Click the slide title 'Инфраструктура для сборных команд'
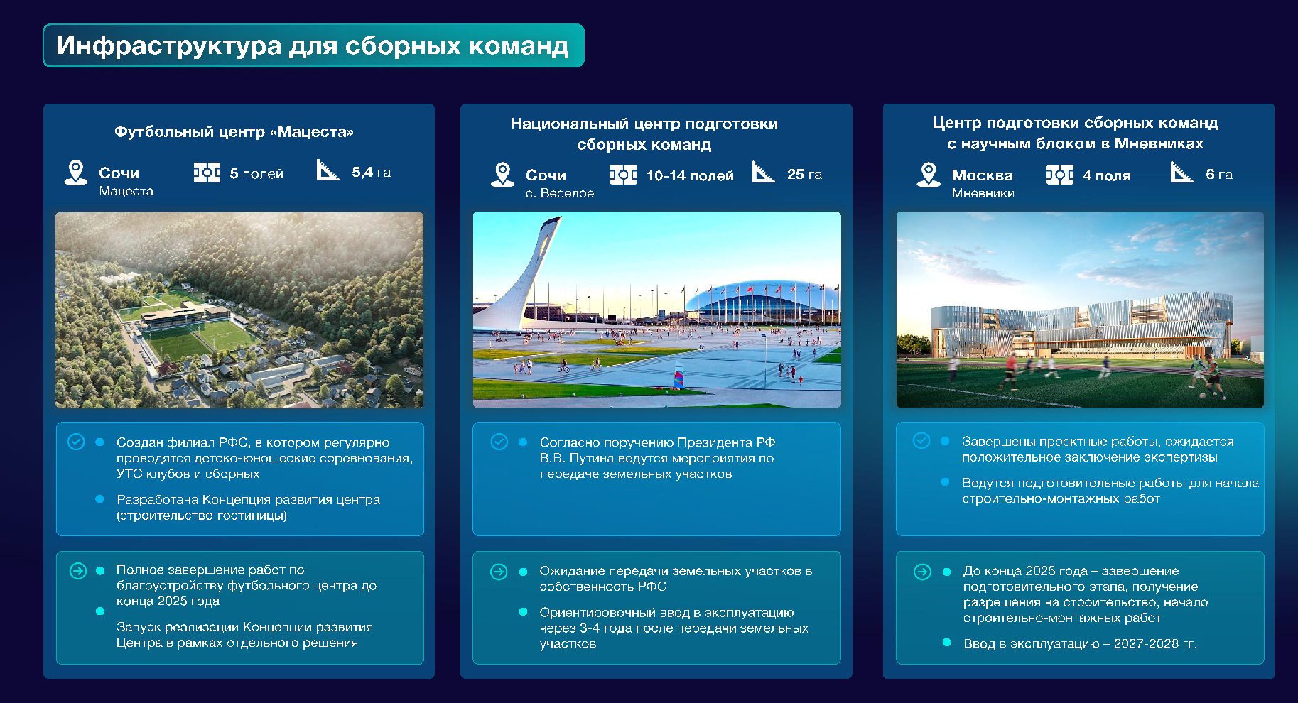point(313,45)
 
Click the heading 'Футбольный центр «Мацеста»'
point(234,131)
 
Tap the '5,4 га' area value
point(371,172)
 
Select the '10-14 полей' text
point(690,175)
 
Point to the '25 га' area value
point(804,174)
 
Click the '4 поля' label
point(1106,175)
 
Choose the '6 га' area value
point(1219,174)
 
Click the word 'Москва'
point(983,175)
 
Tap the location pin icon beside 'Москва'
point(928,175)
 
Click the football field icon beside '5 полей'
point(207,173)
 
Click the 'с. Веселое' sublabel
point(560,193)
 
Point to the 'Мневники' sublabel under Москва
point(983,193)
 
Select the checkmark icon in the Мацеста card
point(76,442)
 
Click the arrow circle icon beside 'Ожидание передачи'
point(499,572)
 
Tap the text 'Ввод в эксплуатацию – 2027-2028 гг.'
point(1080,644)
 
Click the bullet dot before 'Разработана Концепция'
point(99,499)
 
